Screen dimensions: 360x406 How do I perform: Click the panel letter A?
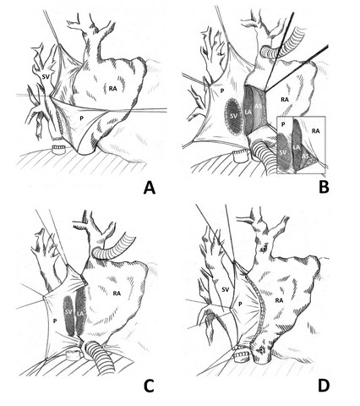(150, 188)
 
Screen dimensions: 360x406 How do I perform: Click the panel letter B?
(324, 187)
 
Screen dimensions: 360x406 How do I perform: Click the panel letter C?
(149, 386)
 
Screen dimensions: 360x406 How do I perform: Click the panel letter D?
(324, 386)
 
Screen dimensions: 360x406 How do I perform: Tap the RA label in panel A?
(113, 89)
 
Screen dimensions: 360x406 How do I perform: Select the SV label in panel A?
(46, 76)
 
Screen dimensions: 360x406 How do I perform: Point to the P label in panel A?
(81, 118)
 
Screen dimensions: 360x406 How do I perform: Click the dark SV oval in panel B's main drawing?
(233, 116)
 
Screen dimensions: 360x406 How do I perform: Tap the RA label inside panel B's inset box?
(316, 131)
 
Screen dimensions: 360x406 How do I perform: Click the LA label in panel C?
(80, 312)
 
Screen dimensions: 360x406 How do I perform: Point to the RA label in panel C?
(117, 294)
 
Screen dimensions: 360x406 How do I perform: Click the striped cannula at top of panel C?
(112, 247)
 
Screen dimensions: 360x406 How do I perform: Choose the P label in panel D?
(240, 304)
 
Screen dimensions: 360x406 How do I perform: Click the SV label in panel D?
(225, 289)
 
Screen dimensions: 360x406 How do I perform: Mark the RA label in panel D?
(279, 300)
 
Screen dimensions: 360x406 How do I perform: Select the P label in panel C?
(55, 321)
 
